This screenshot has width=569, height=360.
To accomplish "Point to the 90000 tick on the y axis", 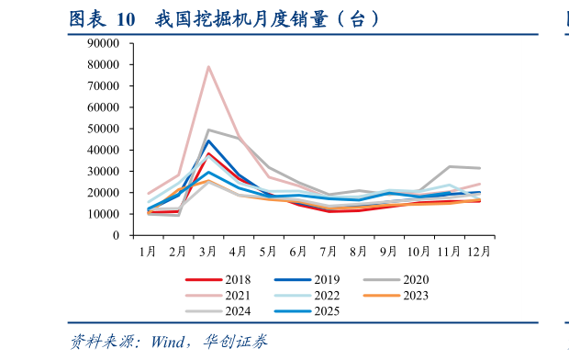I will (x=104, y=43).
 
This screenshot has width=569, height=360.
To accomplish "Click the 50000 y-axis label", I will (x=104, y=129).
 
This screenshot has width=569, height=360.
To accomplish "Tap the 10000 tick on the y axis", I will (x=104, y=214).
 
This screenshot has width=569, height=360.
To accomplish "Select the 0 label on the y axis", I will (x=117, y=235).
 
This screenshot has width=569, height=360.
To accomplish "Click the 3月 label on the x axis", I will (x=208, y=250).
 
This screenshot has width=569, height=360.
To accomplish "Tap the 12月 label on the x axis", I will (x=478, y=250).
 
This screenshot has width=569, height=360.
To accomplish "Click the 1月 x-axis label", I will (x=149, y=250).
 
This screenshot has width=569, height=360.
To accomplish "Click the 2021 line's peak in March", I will (x=208, y=66).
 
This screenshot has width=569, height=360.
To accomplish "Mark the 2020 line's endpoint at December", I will (x=478, y=168).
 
